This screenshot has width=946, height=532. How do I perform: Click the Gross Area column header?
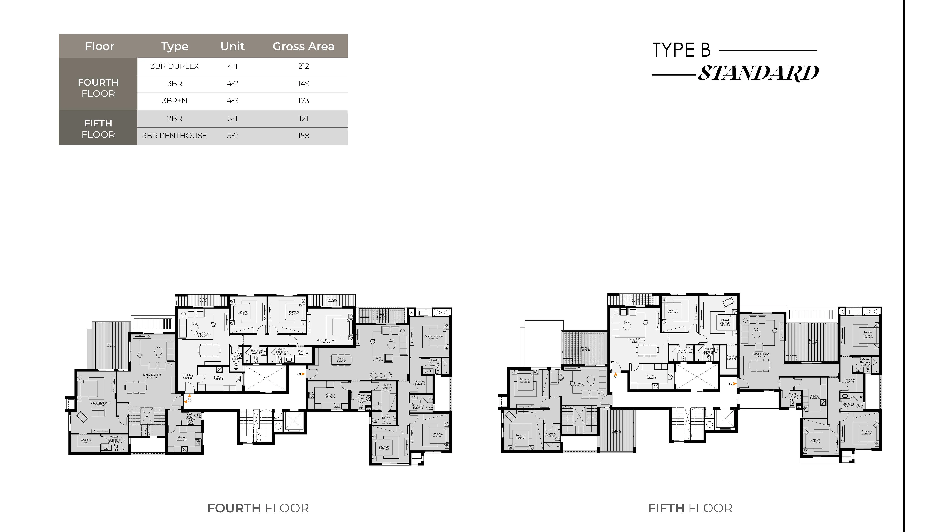click(x=303, y=46)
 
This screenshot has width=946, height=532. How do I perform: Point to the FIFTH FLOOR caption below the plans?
click(x=690, y=508)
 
